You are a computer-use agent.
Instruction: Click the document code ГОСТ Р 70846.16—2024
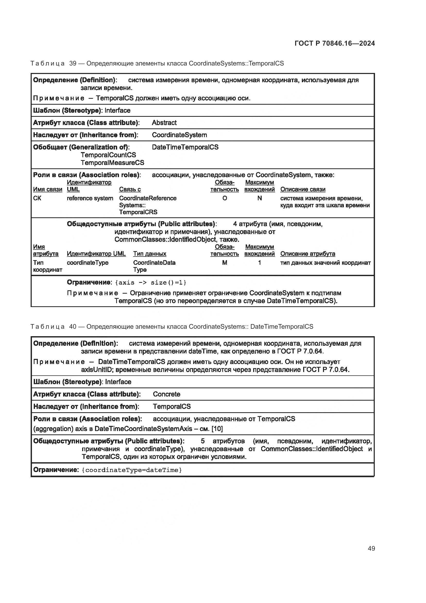335,43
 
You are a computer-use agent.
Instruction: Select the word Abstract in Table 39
164,123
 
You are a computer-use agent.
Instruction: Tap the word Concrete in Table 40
166,394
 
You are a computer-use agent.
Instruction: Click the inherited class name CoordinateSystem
179,135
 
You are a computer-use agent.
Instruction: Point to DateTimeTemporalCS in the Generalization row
185,147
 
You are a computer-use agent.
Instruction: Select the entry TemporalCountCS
108,155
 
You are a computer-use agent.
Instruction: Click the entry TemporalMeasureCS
112,163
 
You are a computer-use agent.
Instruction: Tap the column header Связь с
130,189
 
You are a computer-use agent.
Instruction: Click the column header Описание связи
303,189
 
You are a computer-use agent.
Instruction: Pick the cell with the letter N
259,198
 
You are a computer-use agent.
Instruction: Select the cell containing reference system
90,198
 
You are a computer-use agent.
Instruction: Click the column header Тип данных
150,254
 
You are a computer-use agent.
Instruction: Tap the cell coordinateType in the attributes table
87,263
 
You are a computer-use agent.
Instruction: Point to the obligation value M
225,263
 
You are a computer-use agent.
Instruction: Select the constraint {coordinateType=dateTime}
132,470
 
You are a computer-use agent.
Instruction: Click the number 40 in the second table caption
73,326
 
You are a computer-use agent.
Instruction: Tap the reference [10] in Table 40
217,429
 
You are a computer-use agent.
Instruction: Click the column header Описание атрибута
308,254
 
